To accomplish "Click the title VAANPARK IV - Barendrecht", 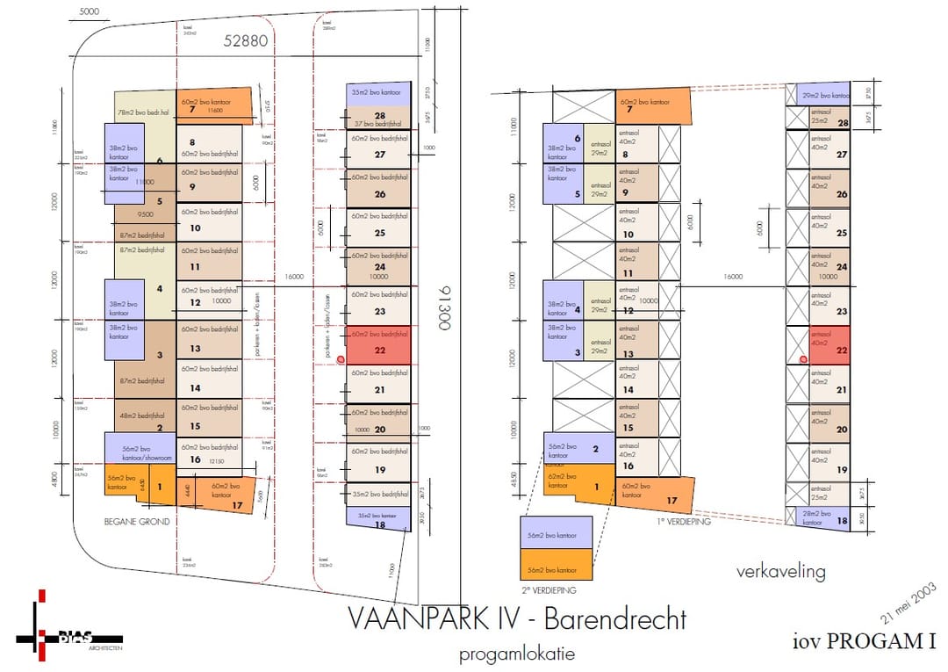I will pyautogui.click(x=517, y=618).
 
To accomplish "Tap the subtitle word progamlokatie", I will pyautogui.click(x=517, y=654).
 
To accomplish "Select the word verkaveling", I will pyautogui.click(x=781, y=572).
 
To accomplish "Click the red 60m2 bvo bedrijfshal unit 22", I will pyautogui.click(x=377, y=343).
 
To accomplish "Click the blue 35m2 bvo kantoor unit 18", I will pyautogui.click(x=377, y=519).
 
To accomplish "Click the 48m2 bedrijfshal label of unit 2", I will pyautogui.click(x=142, y=415).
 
